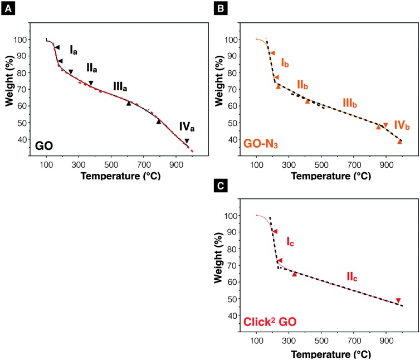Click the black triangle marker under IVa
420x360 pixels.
pyautogui.click(x=187, y=141)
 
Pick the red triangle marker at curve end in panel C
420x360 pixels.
pyautogui.click(x=398, y=300)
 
